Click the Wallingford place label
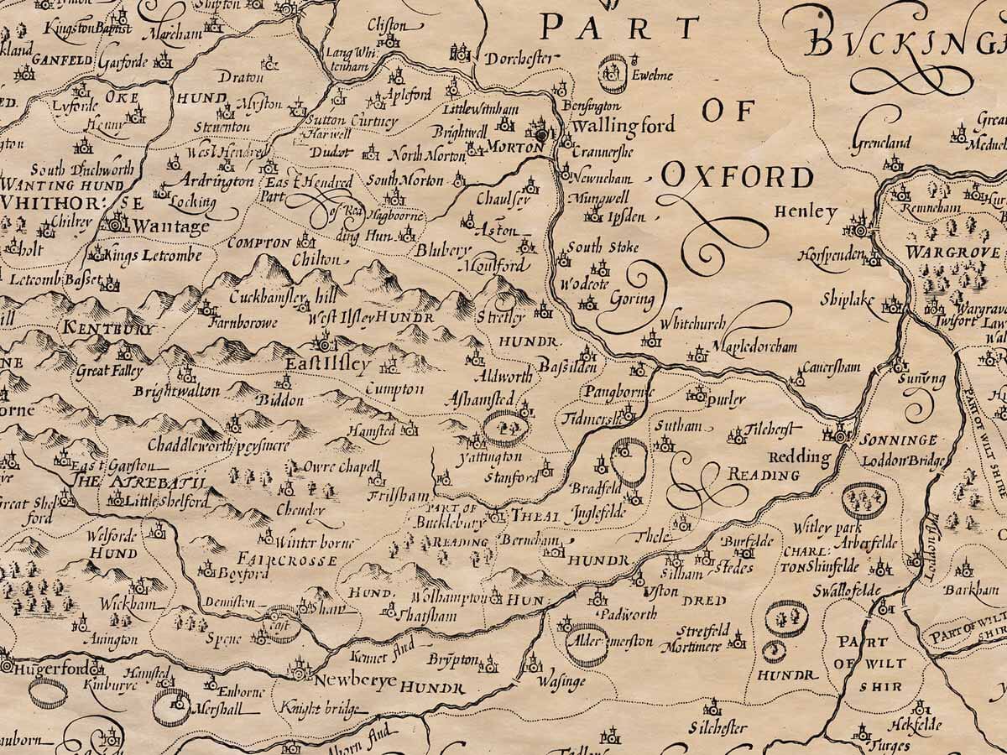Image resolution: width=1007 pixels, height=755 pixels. click(x=623, y=127)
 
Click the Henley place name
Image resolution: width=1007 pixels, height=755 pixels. click(x=806, y=212)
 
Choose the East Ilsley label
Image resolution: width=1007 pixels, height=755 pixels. click(x=327, y=365)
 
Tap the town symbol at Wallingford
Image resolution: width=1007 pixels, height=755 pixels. click(x=542, y=133)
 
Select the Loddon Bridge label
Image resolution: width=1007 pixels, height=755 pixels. click(x=908, y=461)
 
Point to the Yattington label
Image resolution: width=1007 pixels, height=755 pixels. click(x=490, y=457)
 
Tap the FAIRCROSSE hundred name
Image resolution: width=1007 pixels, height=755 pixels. click(x=287, y=559)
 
